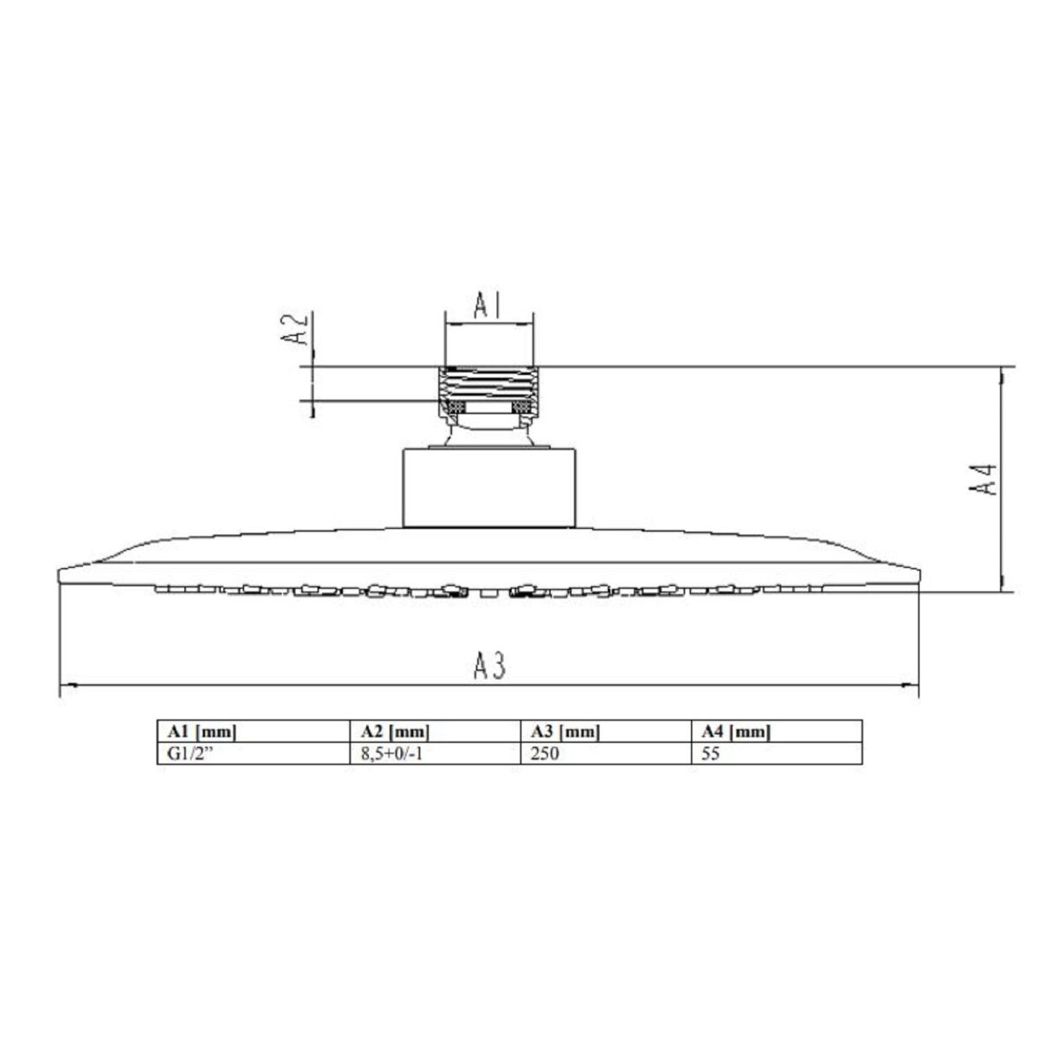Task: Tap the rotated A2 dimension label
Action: tap(294, 329)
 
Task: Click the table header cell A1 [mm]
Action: tap(203, 732)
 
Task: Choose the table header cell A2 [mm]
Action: tap(395, 732)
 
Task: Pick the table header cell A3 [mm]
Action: tap(565, 732)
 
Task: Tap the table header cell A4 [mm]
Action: tap(736, 732)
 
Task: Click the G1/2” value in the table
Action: tap(190, 753)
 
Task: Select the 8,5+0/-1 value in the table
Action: tap(392, 753)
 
